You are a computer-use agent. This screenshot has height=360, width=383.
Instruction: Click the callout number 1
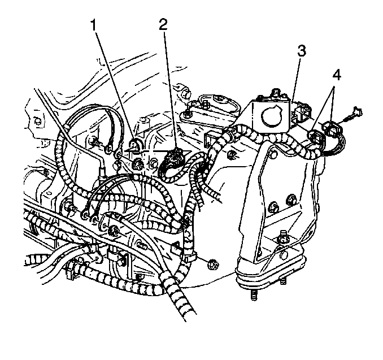pos(93,25)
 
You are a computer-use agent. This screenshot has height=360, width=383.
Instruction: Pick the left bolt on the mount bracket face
pos(273,207)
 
